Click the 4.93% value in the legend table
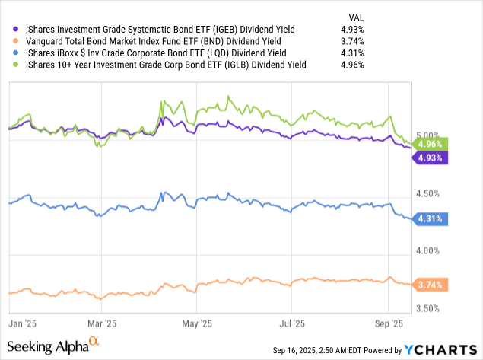click(351, 29)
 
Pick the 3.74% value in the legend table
click(351, 41)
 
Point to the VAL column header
click(354, 16)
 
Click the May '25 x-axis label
click(197, 323)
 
